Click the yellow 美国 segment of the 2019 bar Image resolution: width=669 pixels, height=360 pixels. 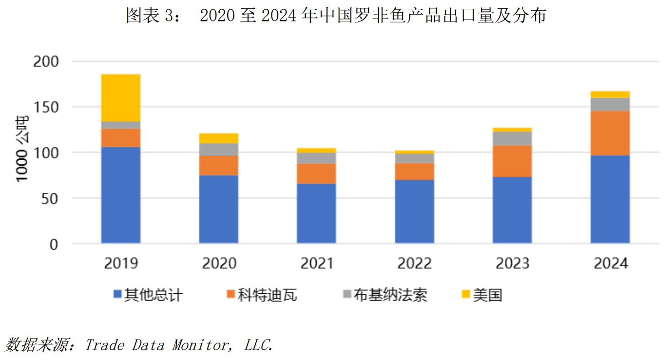click(x=120, y=97)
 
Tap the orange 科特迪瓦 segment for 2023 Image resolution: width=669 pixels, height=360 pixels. click(x=512, y=161)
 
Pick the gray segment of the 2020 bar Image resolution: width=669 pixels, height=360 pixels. click(x=219, y=150)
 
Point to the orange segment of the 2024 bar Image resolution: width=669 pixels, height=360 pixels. click(x=610, y=133)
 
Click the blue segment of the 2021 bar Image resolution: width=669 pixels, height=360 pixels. click(x=316, y=213)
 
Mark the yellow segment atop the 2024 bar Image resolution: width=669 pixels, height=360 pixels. click(x=610, y=95)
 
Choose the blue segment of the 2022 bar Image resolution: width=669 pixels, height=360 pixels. click(x=414, y=211)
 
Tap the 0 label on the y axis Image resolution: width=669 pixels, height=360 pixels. click(x=54, y=245)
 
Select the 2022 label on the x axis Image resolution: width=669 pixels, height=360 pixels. click(x=414, y=264)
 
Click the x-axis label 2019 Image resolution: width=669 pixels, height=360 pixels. click(x=121, y=264)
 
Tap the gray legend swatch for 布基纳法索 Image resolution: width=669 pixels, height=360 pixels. click(x=346, y=294)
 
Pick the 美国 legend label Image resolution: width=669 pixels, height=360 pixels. click(x=487, y=295)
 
